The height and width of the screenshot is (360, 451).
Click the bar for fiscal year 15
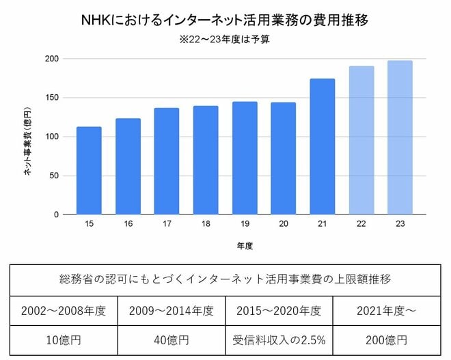tap(89, 171)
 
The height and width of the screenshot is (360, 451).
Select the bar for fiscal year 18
tap(206, 161)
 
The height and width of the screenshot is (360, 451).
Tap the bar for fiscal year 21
tap(323, 147)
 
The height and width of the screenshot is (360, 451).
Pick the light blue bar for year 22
tap(361, 141)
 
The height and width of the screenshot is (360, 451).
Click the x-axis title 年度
tap(244, 244)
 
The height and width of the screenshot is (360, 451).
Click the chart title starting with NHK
tap(225, 20)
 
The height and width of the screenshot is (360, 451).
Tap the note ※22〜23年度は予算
tap(225, 40)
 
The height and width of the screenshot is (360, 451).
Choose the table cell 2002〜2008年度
tap(64, 311)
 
